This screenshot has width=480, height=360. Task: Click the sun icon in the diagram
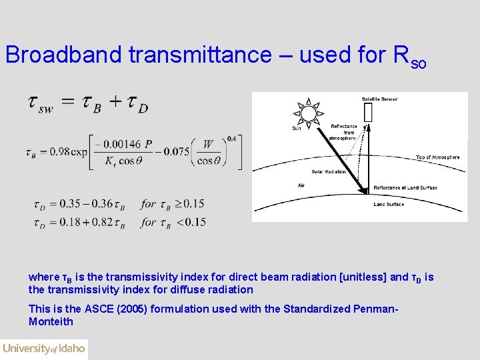click(307, 114)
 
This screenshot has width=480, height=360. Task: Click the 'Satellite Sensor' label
click(379, 99)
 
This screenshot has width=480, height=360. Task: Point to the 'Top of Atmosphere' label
click(437, 157)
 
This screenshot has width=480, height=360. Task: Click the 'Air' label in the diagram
click(301, 185)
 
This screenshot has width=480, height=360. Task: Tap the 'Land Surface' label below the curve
click(389, 205)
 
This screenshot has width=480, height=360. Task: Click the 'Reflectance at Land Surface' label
click(405, 188)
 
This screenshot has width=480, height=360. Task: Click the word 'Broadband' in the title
click(64, 55)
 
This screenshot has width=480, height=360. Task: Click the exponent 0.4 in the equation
click(231, 139)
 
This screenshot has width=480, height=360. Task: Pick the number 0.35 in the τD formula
click(68, 204)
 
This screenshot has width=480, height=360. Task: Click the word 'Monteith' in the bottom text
click(51, 321)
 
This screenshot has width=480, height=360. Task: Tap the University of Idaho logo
click(44, 348)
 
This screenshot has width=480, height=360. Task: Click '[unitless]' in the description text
click(364, 277)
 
